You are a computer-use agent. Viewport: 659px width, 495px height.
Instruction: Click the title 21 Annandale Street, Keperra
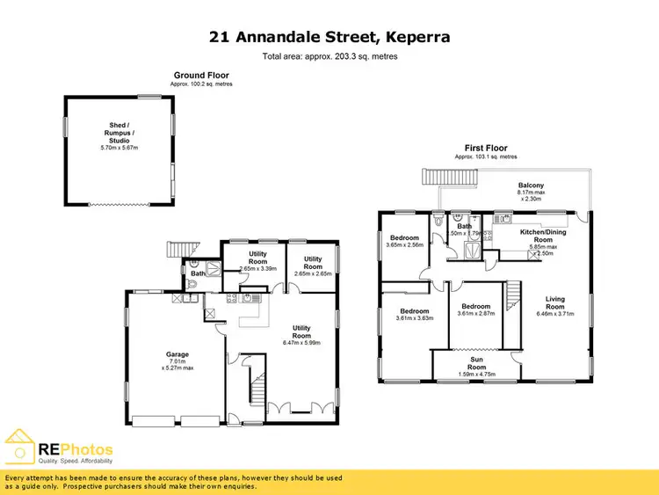(329, 37)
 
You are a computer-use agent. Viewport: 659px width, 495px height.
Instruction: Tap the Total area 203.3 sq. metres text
(329, 56)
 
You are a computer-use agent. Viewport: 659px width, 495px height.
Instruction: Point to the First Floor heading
(486, 148)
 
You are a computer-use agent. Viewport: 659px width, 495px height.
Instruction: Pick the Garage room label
(177, 355)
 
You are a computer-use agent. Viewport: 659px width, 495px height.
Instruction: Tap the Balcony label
(531, 186)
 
